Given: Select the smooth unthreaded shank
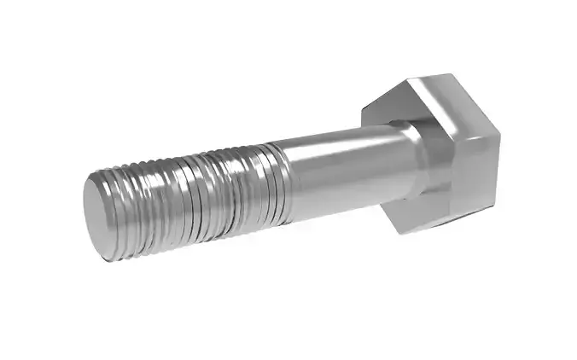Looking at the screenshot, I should click(x=341, y=171).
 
